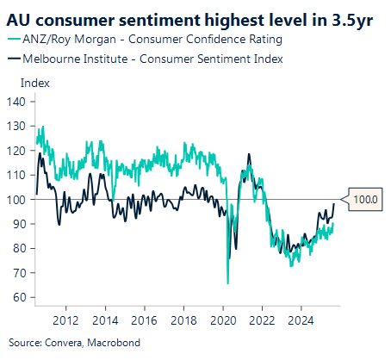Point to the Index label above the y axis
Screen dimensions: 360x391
[34, 83]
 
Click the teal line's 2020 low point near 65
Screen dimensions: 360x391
[227, 283]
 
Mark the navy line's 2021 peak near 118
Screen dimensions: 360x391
[249, 155]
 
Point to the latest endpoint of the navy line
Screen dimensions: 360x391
[334, 204]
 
